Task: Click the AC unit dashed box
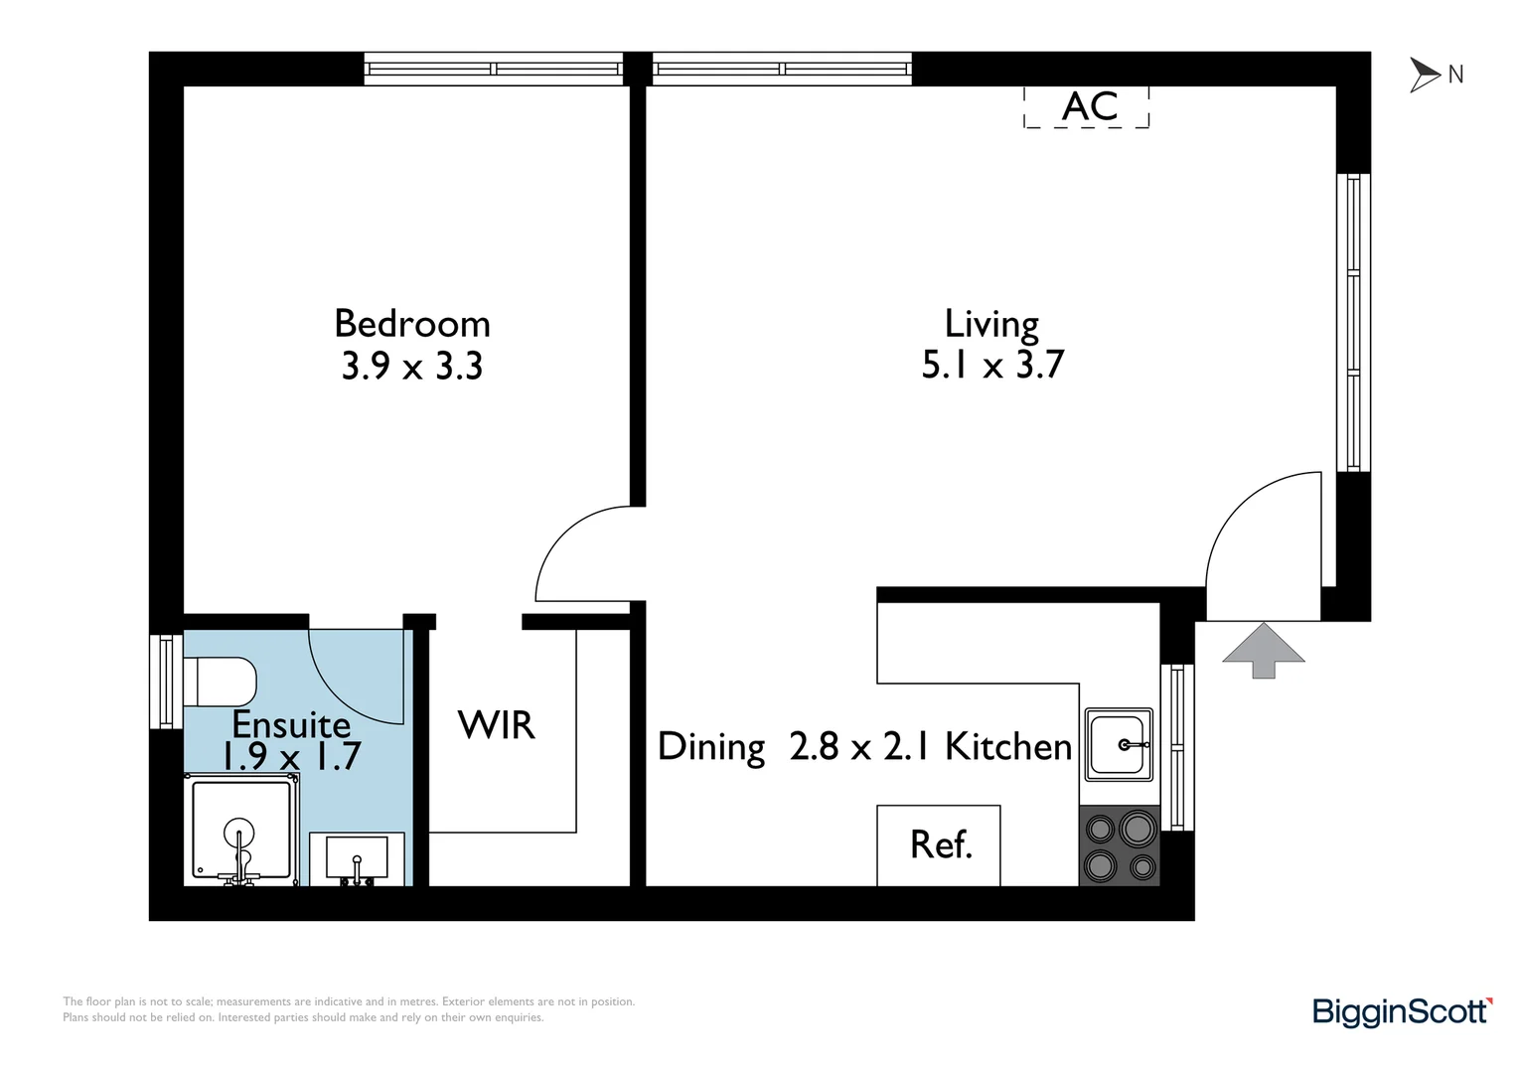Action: [1086, 106]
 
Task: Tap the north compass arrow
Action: [1426, 75]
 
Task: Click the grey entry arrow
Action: [1263, 650]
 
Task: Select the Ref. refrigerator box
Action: [938, 844]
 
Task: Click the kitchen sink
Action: [1119, 743]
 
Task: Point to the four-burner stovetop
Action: [1120, 845]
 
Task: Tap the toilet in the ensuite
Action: [221, 682]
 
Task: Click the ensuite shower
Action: [240, 833]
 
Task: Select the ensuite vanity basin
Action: [357, 858]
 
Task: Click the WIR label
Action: [496, 725]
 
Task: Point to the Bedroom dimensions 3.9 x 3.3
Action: [411, 367]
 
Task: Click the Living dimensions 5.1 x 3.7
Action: [991, 365]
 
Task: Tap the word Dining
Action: [711, 747]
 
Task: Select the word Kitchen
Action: [1008, 746]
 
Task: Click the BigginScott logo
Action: [1402, 1011]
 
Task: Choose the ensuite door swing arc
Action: [353, 676]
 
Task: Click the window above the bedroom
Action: [494, 69]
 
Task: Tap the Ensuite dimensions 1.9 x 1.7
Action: [290, 757]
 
